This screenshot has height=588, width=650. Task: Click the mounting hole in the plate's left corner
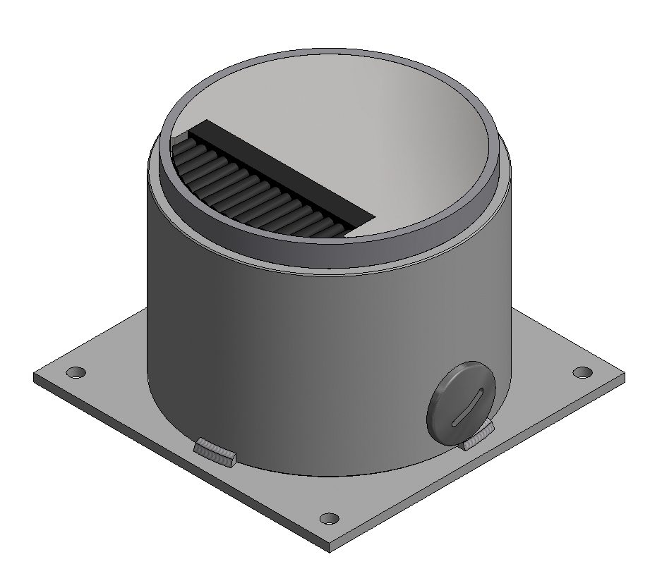[x=75, y=372]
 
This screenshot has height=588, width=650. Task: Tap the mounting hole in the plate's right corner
[x=582, y=372]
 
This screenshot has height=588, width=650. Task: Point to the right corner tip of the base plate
[x=625, y=377]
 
